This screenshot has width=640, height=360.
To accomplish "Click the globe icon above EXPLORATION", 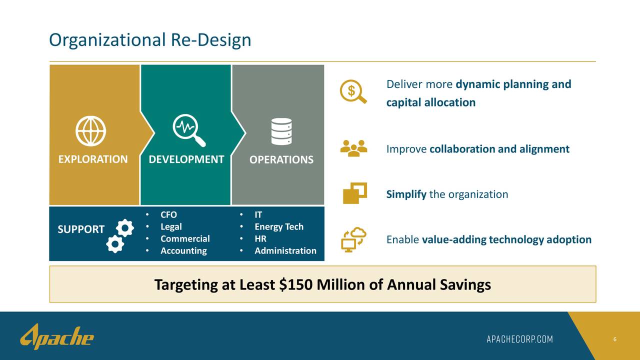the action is [90, 131].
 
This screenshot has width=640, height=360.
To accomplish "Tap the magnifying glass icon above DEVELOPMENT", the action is [188, 131].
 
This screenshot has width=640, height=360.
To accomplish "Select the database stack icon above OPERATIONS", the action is [281, 131].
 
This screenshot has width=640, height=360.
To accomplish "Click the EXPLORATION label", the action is [93, 159].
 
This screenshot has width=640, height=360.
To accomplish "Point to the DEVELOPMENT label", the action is [186, 159].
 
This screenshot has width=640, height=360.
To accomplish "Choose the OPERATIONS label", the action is [281, 160].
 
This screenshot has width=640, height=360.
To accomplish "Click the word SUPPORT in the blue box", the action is [81, 229].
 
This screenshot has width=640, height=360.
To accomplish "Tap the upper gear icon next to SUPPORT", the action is [124, 228].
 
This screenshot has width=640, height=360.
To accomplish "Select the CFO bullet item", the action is [168, 215].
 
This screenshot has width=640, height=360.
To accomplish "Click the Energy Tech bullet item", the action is [278, 227].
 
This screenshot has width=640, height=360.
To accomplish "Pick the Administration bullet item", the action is [285, 251].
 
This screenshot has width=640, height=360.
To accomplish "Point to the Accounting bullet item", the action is [183, 251].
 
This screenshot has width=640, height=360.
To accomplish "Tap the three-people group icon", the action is [353, 148].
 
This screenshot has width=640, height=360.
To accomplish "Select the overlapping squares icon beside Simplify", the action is [354, 193].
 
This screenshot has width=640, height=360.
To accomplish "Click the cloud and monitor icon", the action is [353, 240].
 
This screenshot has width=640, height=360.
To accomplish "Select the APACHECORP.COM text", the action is [520, 339].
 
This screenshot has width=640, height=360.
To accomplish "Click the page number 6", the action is [614, 340].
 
